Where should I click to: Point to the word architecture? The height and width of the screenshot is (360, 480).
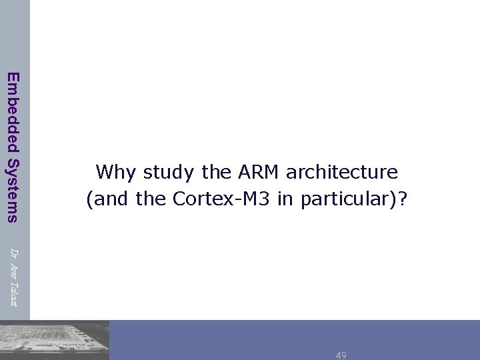click(x=341, y=173)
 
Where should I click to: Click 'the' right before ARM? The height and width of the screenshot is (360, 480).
click(x=215, y=173)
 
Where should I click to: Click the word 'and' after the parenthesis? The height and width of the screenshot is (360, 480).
click(x=111, y=199)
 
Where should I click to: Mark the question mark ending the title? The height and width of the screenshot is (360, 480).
click(x=401, y=199)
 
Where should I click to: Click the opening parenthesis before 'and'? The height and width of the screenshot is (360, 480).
click(x=90, y=199)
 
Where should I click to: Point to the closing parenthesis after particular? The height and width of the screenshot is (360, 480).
click(x=392, y=199)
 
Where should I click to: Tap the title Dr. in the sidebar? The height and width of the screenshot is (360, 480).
click(x=14, y=253)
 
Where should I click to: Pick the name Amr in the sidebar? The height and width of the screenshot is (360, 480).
click(x=14, y=271)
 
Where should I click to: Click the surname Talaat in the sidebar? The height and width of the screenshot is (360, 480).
click(x=14, y=293)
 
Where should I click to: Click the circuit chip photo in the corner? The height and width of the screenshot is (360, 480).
click(x=55, y=341)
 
